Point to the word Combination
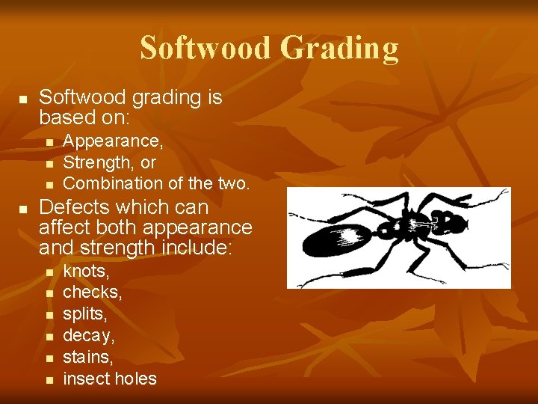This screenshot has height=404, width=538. [x=106, y=183]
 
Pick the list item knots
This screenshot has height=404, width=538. [x=86, y=270]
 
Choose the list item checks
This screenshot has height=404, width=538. [x=93, y=292]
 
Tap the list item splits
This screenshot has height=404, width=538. [x=85, y=313]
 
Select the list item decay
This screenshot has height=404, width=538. [x=89, y=336]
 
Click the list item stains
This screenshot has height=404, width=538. [x=88, y=357]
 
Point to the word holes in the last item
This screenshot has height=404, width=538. [x=135, y=379]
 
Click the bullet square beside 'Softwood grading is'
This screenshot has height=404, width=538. [x=23, y=99]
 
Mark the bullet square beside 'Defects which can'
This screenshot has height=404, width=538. [x=23, y=208]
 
